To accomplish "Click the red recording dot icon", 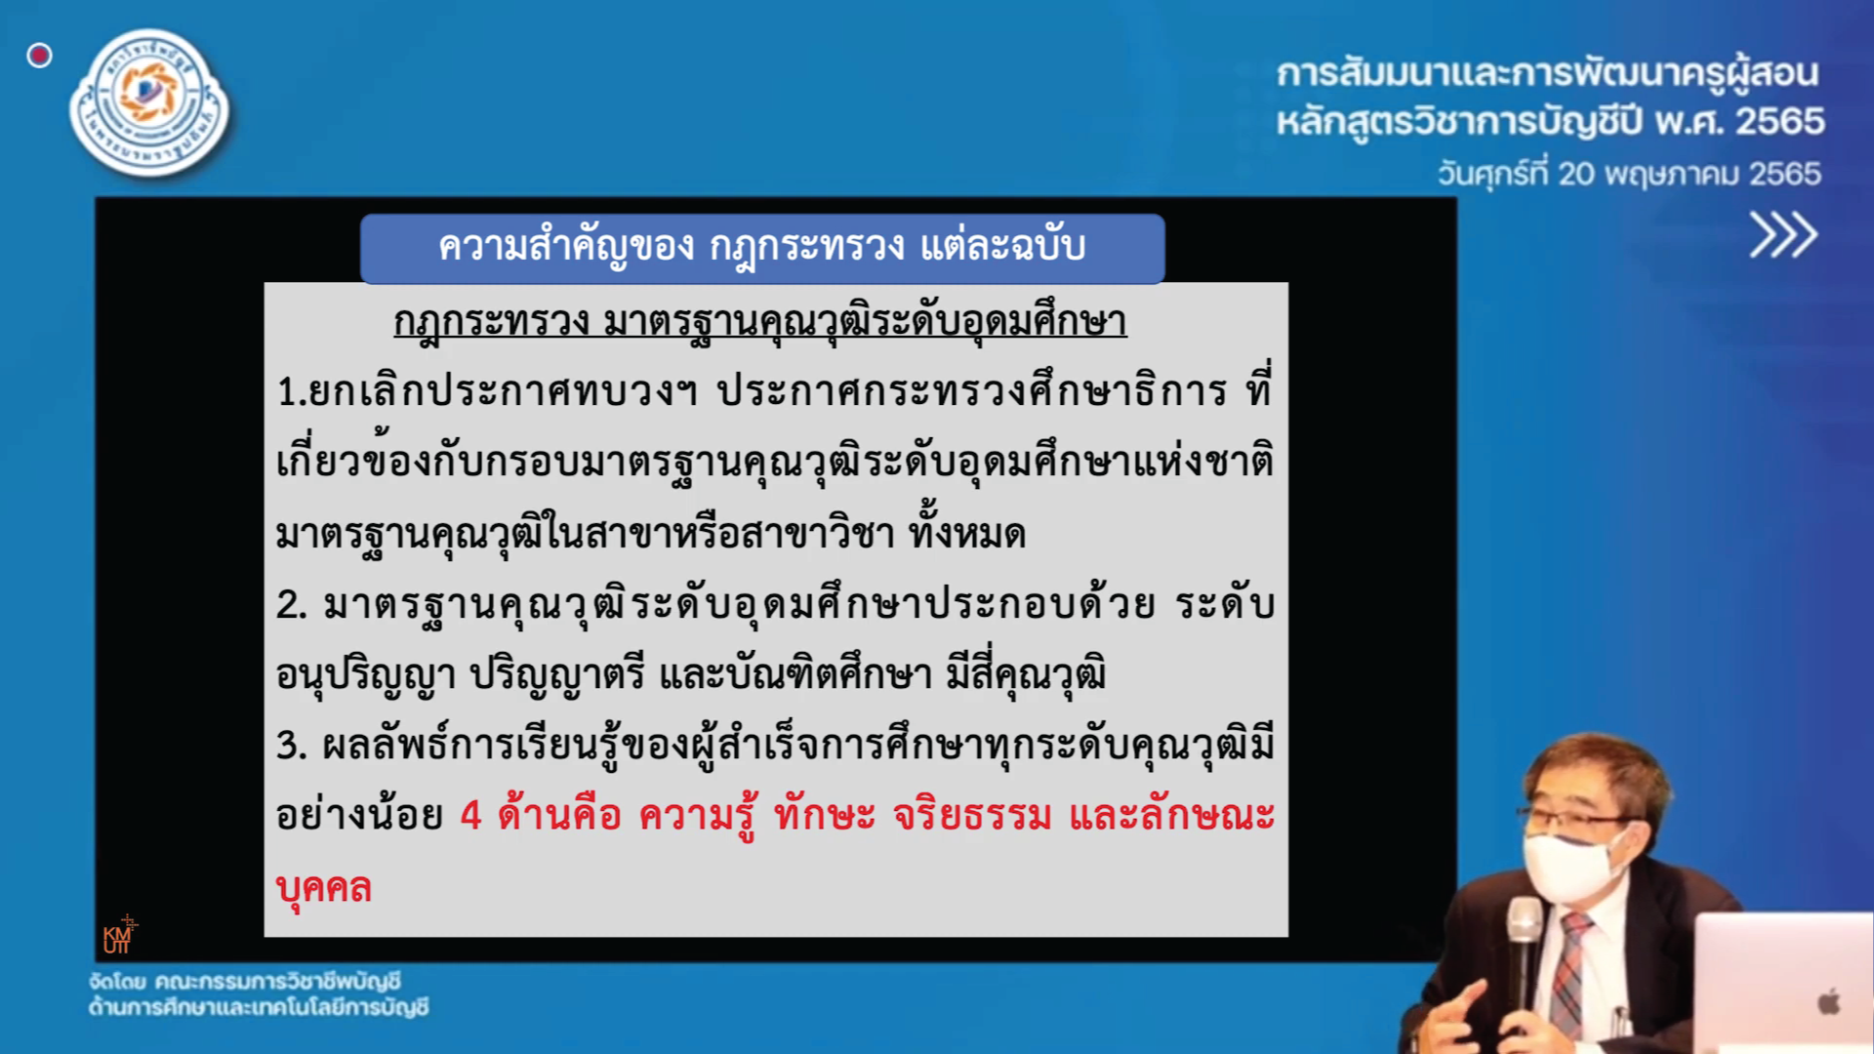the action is pyautogui.click(x=39, y=56).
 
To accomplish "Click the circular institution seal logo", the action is pyautogui.click(x=149, y=102).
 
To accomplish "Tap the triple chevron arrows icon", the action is pyautogui.click(x=1783, y=234).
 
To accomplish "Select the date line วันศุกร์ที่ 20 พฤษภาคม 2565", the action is pyautogui.click(x=1629, y=174).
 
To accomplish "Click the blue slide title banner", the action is pyautogui.click(x=762, y=248).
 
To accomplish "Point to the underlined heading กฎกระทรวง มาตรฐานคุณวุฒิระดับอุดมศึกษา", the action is pyautogui.click(x=760, y=321).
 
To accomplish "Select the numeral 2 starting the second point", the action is pyautogui.click(x=289, y=604).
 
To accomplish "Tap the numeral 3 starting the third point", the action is pyautogui.click(x=289, y=746).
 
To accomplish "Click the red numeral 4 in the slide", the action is pyautogui.click(x=471, y=815).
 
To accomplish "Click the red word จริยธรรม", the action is pyautogui.click(x=973, y=815).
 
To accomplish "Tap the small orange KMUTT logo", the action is pyautogui.click(x=119, y=935).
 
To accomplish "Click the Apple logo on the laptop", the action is pyautogui.click(x=1828, y=1001).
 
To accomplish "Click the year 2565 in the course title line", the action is pyautogui.click(x=1779, y=122).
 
